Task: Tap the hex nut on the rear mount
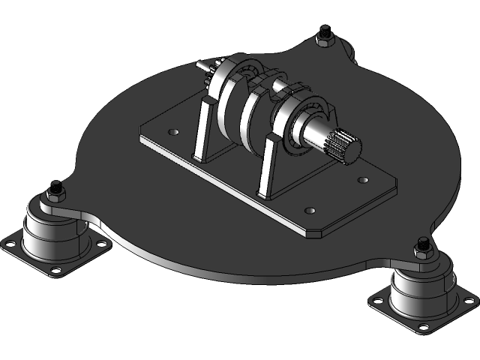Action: click(x=325, y=35)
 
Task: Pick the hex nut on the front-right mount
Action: click(x=423, y=247)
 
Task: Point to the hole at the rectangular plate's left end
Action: click(x=174, y=132)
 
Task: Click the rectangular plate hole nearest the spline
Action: click(x=364, y=180)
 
